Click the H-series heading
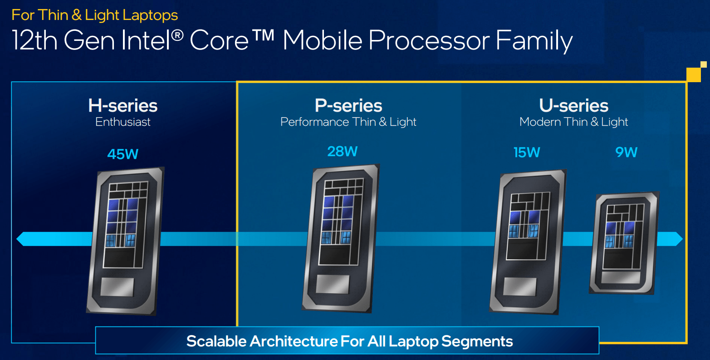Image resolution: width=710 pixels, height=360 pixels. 123,106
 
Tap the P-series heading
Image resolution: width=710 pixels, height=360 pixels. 348,106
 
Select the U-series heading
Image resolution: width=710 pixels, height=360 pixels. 573,106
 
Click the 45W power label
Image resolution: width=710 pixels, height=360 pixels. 122,154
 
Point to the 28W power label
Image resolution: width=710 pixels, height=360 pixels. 343,151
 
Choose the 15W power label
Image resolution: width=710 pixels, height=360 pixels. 527,152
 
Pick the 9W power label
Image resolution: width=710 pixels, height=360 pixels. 626,152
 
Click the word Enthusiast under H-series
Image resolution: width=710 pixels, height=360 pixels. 123,122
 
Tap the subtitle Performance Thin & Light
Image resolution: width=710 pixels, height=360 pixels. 348,122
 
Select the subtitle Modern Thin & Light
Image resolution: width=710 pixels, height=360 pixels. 573,122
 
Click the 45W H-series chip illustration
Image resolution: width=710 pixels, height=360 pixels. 125,241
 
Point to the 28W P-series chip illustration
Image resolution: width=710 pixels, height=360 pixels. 341,238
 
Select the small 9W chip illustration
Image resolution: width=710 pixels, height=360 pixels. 624,243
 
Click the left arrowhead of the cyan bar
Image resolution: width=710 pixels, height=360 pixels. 21,239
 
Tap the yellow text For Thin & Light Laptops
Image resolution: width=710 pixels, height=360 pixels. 95,15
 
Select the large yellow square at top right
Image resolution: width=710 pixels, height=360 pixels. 694,74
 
